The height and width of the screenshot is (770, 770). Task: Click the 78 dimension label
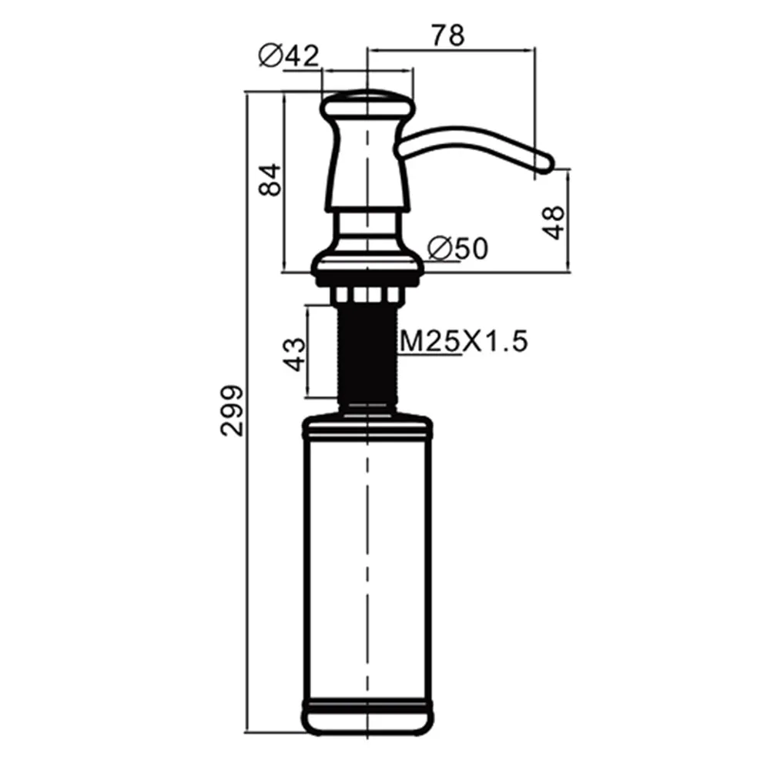pyautogui.click(x=448, y=35)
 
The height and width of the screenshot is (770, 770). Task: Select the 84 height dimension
pyautogui.click(x=270, y=179)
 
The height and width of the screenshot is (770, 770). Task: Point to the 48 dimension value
pyautogui.click(x=554, y=223)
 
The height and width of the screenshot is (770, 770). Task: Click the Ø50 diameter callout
pyautogui.click(x=457, y=248)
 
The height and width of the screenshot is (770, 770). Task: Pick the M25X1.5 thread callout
pyautogui.click(x=464, y=341)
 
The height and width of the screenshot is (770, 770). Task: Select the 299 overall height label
pyautogui.click(x=231, y=410)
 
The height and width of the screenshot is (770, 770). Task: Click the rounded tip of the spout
pyautogui.click(x=545, y=163)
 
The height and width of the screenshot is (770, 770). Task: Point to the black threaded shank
pyautogui.click(x=367, y=353)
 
